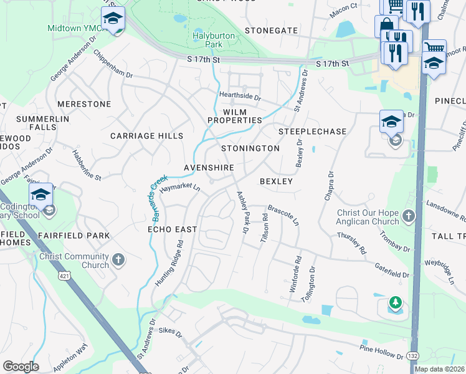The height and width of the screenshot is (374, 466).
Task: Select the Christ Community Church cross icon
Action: click(x=118, y=258)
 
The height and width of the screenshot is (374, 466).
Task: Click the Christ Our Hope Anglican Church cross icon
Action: click(x=408, y=216)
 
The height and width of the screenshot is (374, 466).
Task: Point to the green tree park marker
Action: click(x=394, y=303)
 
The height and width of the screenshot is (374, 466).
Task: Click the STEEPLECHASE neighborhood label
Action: click(x=312, y=132)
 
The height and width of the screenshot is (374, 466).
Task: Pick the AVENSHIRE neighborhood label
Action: click(x=209, y=168)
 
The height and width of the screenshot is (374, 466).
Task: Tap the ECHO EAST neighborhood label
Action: click(x=172, y=229)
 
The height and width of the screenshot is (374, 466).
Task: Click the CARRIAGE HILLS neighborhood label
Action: click(x=147, y=136)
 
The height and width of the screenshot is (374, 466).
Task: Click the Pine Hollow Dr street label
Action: click(x=381, y=351)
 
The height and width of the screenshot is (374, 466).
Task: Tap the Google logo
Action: click(x=21, y=367)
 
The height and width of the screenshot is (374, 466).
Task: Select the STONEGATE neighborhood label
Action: click(x=271, y=30)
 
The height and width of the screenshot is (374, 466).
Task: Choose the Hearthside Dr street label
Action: click(x=239, y=97)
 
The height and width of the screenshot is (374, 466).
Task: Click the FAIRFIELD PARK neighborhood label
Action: click(x=74, y=236)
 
